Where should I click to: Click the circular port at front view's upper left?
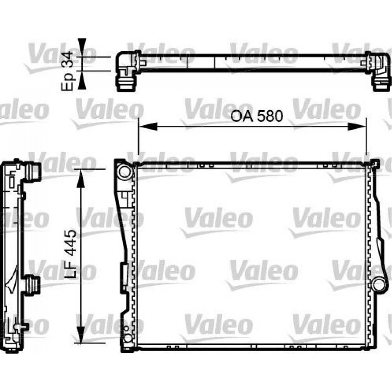pyautogui.click(x=125, y=171)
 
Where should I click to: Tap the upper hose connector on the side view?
pyautogui.click(x=34, y=172)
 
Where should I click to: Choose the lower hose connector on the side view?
pyautogui.click(x=34, y=283)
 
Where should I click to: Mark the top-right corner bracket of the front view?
pyautogui.click(x=374, y=163)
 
